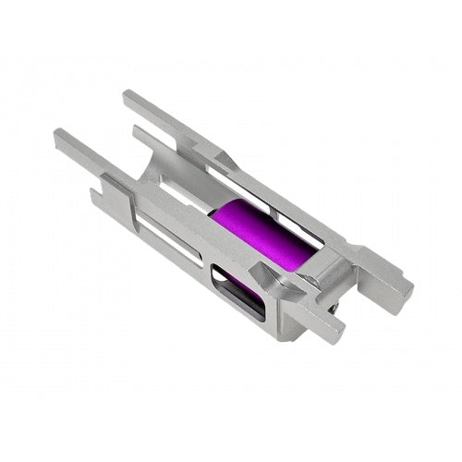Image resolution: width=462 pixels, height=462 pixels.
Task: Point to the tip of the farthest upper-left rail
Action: [x=128, y=95]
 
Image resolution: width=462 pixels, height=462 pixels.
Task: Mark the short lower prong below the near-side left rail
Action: [x=97, y=193]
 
